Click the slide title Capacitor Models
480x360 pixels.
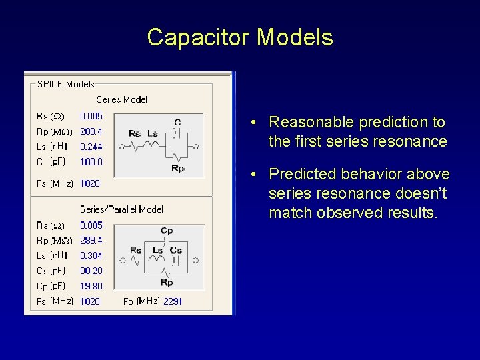(x=240, y=37)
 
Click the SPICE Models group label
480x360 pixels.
(x=65, y=84)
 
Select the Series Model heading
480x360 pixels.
(x=122, y=99)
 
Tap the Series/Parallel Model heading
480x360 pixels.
(x=121, y=209)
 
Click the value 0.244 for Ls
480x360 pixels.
(x=91, y=147)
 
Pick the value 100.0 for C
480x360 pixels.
(x=91, y=162)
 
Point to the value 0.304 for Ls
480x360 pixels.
(x=91, y=255)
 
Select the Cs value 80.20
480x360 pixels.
(x=91, y=271)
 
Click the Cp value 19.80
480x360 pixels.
(x=91, y=286)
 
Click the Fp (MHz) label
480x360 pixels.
(x=141, y=301)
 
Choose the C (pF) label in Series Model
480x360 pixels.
(x=49, y=162)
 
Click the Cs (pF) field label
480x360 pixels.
(x=51, y=271)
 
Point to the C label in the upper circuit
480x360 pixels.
(x=177, y=122)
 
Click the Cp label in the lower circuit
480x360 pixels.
(x=167, y=231)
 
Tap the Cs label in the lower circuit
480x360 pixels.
(x=176, y=250)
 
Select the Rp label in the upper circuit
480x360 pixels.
(x=177, y=169)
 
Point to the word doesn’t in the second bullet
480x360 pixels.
(x=424, y=193)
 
